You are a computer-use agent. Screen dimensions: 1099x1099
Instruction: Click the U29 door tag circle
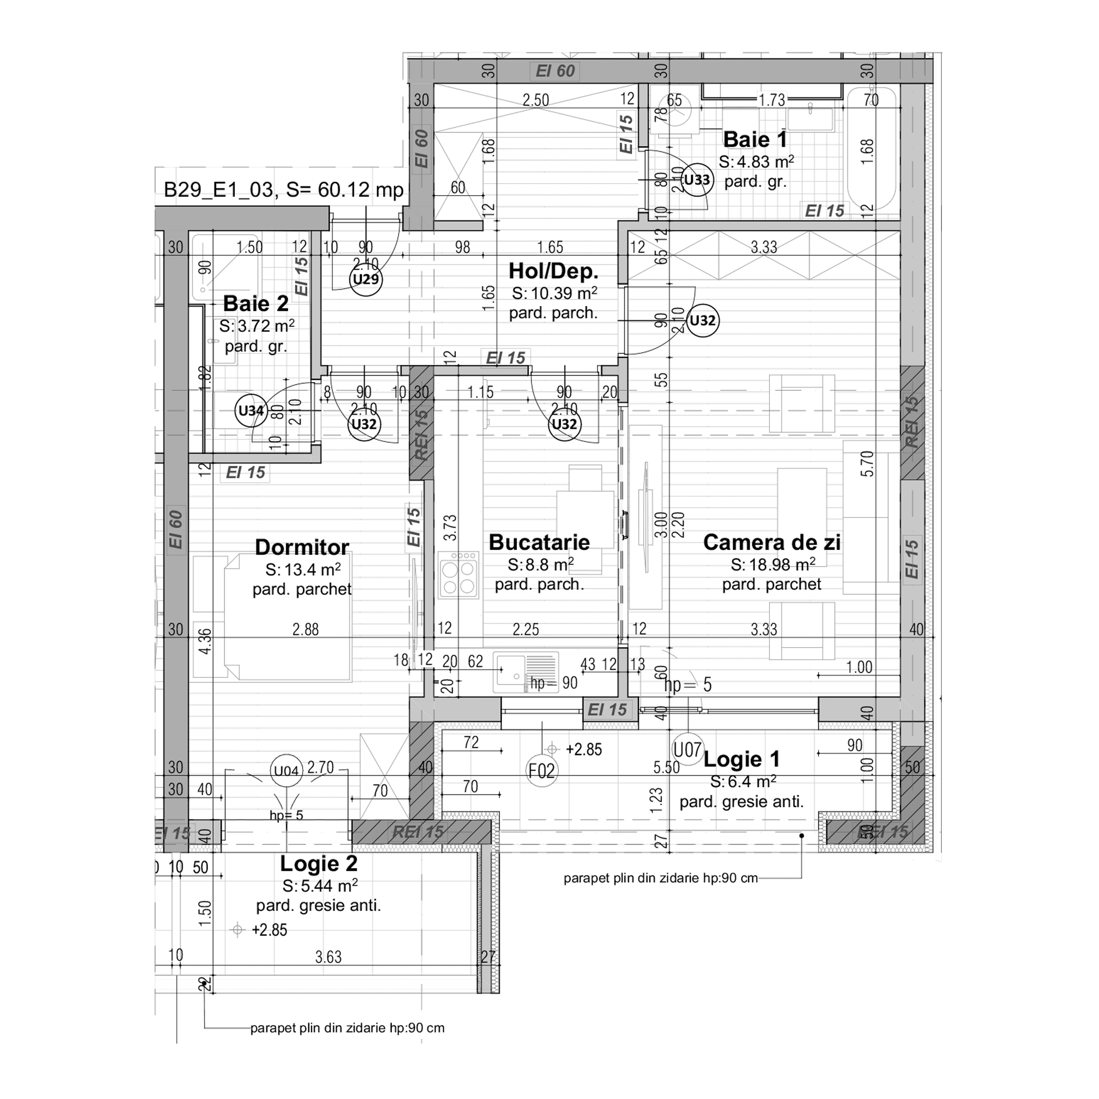[x=366, y=279]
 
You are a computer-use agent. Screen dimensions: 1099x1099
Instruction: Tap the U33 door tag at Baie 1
[x=697, y=180]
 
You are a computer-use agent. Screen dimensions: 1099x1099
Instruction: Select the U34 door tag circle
[x=251, y=410]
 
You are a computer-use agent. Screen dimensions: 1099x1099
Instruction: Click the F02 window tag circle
[x=542, y=771]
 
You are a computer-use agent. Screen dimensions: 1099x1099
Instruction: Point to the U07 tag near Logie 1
[x=688, y=750]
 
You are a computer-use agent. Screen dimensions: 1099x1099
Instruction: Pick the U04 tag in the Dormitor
[x=286, y=771]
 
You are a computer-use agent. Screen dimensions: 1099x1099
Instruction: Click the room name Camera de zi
[x=771, y=542]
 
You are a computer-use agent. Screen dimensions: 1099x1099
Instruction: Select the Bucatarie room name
[x=539, y=542]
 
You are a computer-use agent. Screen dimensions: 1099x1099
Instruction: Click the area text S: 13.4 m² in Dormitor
[x=303, y=569]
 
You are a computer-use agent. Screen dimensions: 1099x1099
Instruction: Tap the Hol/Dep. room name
[x=553, y=271]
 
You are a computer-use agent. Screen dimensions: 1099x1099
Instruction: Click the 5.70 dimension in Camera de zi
[x=866, y=463]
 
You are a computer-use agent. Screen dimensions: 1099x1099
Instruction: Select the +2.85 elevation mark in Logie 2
[x=269, y=930]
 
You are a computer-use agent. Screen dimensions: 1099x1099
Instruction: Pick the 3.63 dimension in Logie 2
[x=328, y=957]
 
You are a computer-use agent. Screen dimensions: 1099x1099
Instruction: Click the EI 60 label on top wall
[x=555, y=71]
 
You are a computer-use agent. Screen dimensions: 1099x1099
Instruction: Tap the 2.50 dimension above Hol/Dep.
[x=535, y=100]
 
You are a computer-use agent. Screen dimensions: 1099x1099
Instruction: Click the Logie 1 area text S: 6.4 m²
[x=743, y=781]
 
